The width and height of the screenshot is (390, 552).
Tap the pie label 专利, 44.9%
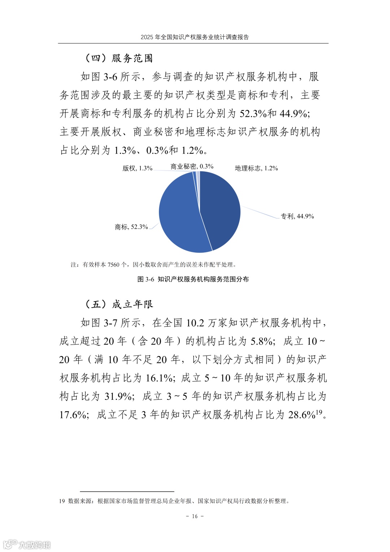[297, 217]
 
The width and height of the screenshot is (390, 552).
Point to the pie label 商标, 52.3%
[131, 227]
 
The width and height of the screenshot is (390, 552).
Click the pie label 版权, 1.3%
[138, 168]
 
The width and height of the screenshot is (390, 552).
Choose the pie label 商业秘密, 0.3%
[192, 166]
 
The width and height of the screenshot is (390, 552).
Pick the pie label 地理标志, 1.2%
[256, 168]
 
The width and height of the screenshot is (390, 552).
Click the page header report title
[195, 37]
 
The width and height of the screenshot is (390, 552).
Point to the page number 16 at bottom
[195, 516]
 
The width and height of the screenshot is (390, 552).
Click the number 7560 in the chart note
[113, 265]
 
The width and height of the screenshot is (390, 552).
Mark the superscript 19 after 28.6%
[319, 412]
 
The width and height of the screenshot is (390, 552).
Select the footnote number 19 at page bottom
[62, 501]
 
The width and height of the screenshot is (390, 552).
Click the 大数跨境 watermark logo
[27, 544]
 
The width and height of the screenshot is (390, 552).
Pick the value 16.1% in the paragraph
[159, 378]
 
